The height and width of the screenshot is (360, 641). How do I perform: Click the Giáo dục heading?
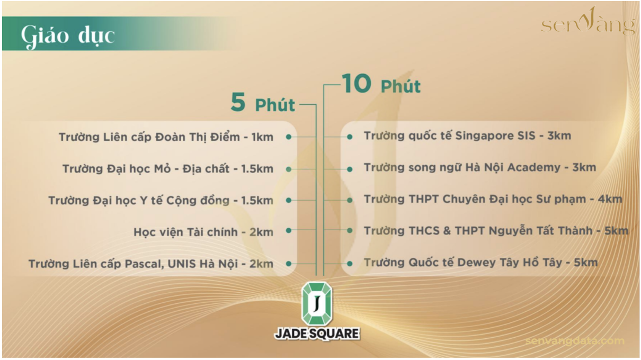tap(68, 36)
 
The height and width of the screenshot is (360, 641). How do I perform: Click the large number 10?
tap(357, 84)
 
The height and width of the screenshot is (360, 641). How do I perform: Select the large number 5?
tap(238, 102)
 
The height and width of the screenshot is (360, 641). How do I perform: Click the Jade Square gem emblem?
tap(317, 303)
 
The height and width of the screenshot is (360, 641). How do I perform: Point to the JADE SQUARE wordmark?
tap(317, 334)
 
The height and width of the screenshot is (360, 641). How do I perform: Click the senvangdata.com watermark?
tap(575, 341)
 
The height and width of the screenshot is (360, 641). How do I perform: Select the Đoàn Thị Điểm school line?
tap(166, 137)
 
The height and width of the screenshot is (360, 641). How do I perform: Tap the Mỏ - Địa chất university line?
tap(168, 169)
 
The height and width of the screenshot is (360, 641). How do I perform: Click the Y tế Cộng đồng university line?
tap(161, 201)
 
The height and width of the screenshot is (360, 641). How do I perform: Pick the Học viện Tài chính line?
tap(203, 232)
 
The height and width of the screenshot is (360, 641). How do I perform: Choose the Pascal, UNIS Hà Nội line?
tap(151, 264)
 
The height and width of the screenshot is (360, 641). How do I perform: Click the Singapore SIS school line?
tap(467, 136)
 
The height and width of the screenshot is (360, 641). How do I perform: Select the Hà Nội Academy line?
tap(480, 168)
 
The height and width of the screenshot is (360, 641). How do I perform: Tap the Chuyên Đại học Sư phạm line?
tap(493, 199)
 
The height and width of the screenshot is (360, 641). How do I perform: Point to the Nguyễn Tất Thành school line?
tap(496, 231)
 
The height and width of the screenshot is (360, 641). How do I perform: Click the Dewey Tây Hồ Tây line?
tap(481, 263)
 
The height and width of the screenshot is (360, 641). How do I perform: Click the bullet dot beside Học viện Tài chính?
tap(289, 230)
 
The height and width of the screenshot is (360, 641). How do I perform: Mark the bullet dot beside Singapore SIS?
tap(350, 137)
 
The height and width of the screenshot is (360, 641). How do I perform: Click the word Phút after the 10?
tap(400, 86)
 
